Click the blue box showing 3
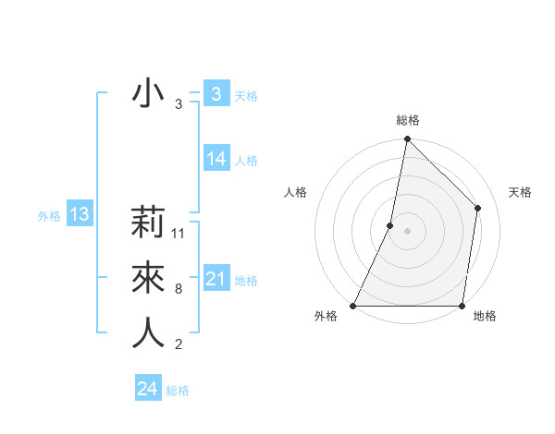pos(216,94)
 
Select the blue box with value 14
pos(216,159)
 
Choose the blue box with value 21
pos(216,279)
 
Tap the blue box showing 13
pos(80,215)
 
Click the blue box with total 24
pos(147,389)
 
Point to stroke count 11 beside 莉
pos(179,234)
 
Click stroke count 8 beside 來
pos(179,289)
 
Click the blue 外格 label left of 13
pos(49,216)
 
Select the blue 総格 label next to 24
pos(178,391)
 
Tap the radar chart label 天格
pos(521,192)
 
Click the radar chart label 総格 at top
pos(407,120)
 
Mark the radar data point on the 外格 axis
pos(353,305)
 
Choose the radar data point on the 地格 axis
pos(462,305)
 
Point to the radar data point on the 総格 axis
pos(407,139)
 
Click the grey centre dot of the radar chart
pos(407,231)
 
